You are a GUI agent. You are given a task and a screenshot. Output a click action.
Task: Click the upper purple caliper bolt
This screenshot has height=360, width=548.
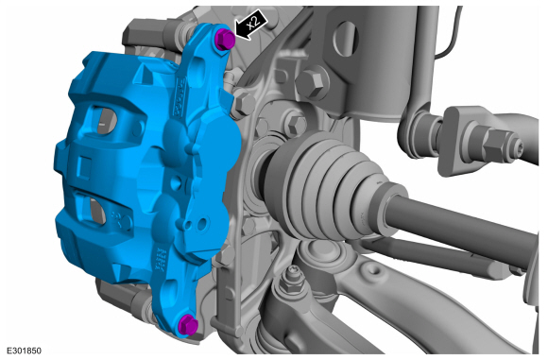[224, 39]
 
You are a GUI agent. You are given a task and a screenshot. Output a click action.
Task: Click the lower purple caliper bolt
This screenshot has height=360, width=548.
[188, 324]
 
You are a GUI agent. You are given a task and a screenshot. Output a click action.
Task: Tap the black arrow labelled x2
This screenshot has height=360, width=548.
[251, 26]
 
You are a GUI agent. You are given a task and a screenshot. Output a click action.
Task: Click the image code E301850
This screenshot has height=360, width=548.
[24, 351]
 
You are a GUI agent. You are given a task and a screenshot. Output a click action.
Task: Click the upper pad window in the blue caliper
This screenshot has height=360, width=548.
[104, 121]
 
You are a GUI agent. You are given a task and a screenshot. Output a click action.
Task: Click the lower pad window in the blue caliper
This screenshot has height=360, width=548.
[94, 211]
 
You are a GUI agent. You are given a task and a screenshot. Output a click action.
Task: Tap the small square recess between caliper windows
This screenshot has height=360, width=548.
[84, 168]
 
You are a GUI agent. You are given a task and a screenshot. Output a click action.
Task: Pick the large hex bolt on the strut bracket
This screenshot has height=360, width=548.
[311, 84]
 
